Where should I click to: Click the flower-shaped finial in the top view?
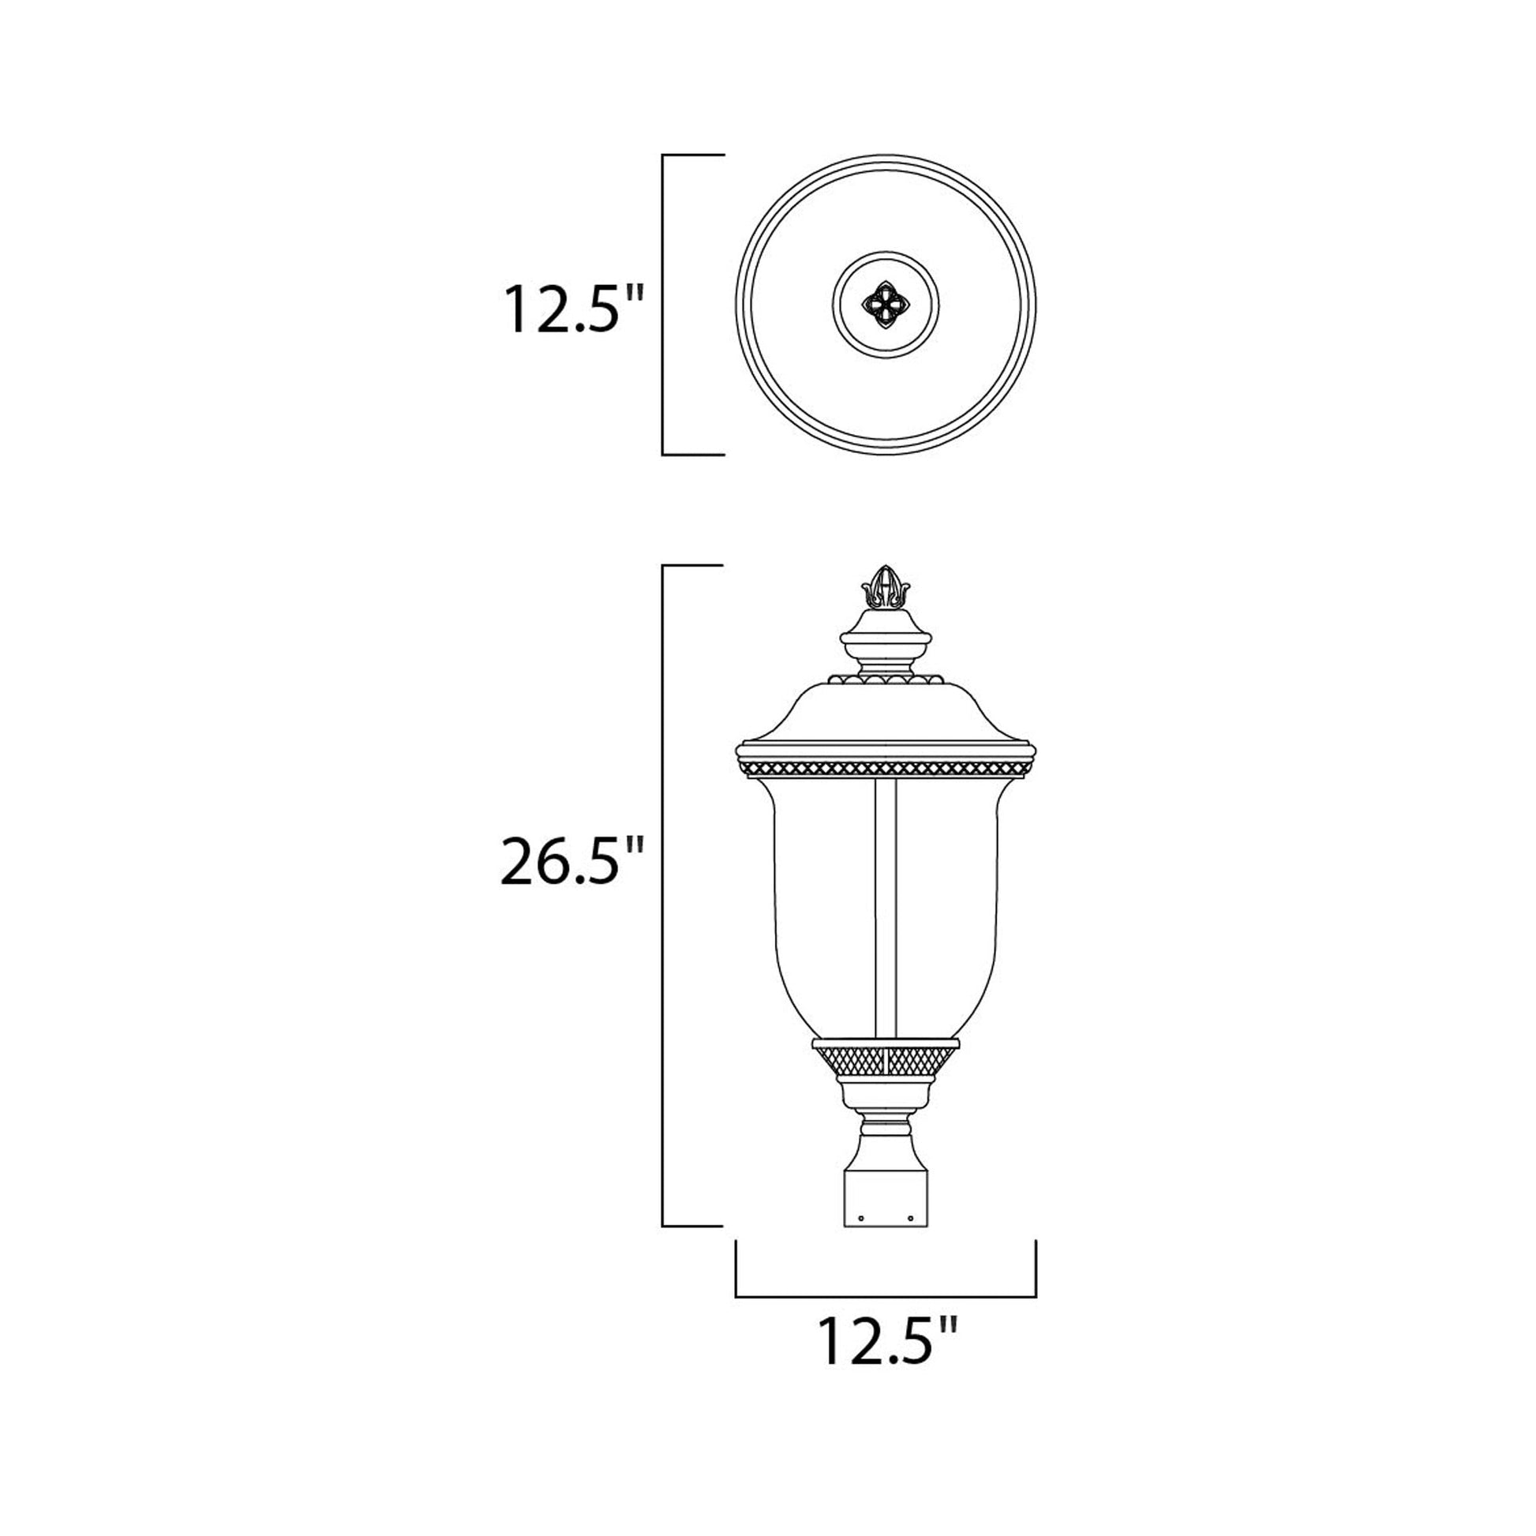click(x=886, y=305)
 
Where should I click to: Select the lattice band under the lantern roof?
click(x=886, y=769)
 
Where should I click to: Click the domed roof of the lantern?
click(x=886, y=711)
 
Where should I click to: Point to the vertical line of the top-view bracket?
click(x=663, y=305)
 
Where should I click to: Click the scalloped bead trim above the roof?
click(x=886, y=680)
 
